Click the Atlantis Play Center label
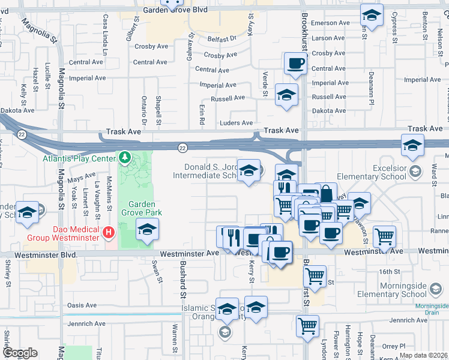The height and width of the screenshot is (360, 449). click(79, 158)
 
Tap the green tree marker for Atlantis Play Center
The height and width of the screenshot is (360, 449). click(125, 158)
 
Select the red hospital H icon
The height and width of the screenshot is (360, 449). click(109, 232)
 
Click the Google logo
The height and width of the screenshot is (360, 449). click(20, 353)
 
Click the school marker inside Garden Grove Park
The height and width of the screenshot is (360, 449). click(146, 229)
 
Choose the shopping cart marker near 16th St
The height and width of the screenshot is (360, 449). click(315, 275)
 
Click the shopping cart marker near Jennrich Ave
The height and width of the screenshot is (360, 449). click(307, 326)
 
